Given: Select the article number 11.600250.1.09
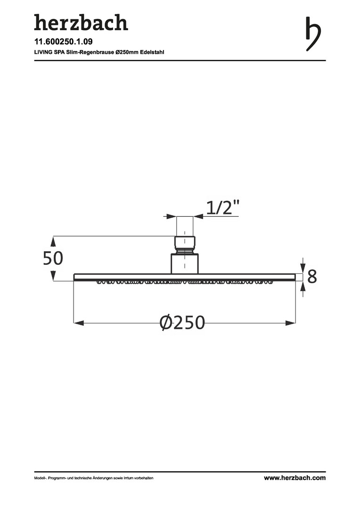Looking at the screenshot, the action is (63, 41).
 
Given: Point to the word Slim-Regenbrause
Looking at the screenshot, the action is (90, 52).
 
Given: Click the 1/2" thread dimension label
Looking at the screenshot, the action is (223, 207).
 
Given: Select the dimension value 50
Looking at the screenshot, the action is (53, 258).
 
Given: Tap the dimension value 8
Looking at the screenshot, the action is (312, 277).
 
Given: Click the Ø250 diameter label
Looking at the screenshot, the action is (182, 322).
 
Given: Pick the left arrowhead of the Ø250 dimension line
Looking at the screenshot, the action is (79, 323).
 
